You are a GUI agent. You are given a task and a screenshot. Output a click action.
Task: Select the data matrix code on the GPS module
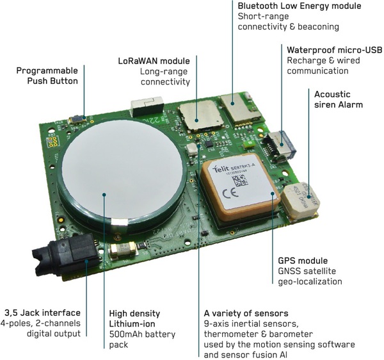(x=239, y=181)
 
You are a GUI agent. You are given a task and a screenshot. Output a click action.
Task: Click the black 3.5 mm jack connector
(x=66, y=254)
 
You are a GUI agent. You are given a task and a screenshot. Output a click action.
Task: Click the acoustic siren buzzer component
(x=301, y=200)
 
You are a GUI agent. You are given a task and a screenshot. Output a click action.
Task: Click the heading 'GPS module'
(x=303, y=261)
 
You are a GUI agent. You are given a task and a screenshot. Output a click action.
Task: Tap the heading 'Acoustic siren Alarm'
(x=339, y=99)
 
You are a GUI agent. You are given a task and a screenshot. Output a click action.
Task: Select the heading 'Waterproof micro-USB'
(x=335, y=50)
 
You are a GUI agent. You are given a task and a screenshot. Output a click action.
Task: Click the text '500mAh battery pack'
(x=142, y=340)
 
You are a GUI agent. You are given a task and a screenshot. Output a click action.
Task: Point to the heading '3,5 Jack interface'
(x=43, y=313)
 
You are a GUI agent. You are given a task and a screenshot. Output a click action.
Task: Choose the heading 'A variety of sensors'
(x=246, y=313)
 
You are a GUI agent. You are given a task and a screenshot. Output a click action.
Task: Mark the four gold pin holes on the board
(x=53, y=142)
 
